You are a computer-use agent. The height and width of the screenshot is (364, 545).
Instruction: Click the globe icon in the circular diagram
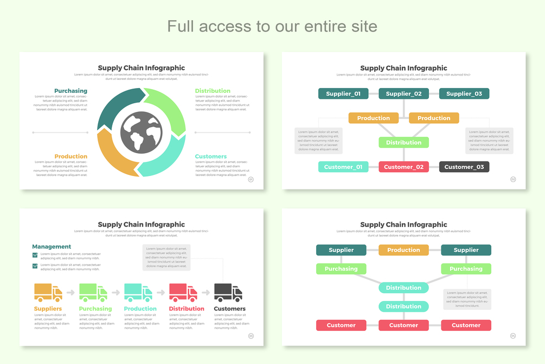click(142, 131)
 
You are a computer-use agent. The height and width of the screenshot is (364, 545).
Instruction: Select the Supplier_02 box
click(403, 93)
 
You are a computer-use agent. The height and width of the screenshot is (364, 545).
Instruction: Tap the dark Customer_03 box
click(464, 167)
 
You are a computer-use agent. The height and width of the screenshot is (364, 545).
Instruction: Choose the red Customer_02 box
click(403, 167)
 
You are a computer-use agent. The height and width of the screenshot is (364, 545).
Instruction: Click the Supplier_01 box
click(343, 93)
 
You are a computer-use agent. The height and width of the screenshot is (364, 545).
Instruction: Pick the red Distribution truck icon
click(183, 292)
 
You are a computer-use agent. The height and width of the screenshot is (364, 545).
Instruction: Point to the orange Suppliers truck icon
click(48, 292)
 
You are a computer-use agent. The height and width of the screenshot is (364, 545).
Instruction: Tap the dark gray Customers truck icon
click(228, 292)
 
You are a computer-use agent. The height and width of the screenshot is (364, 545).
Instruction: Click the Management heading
click(52, 247)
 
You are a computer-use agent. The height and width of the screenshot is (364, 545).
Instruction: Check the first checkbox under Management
click(35, 254)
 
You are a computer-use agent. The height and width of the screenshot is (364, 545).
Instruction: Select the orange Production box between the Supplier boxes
click(403, 250)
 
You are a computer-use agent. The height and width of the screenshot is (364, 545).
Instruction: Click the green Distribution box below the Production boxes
click(403, 142)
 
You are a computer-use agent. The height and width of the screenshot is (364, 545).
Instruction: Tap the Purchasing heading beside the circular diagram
click(70, 91)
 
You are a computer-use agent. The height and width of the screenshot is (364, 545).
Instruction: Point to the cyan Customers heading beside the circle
click(210, 156)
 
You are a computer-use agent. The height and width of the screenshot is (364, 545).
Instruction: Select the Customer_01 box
click(343, 167)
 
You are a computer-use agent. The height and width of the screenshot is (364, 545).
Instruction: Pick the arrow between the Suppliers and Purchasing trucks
click(70, 293)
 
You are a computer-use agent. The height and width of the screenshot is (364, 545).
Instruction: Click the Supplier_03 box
click(464, 93)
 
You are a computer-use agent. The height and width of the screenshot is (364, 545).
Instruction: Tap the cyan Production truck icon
click(138, 292)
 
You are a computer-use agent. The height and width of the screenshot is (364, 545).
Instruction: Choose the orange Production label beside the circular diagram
click(70, 156)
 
